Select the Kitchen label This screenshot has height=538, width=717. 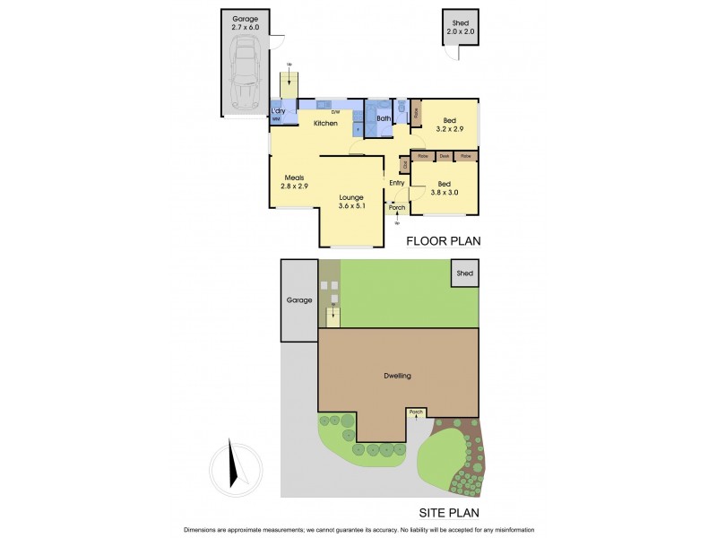coord(325,123)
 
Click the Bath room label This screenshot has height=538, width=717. coord(384,118)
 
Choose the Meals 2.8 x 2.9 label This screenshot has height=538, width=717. coord(295,182)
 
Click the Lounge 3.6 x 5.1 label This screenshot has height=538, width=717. coord(351,202)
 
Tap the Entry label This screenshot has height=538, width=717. coord(396,183)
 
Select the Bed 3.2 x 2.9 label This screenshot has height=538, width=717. coord(449,125)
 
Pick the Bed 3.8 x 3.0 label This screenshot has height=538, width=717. coord(445,187)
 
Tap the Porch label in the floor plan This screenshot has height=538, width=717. coord(397,208)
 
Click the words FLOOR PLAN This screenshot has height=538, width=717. coord(444,240)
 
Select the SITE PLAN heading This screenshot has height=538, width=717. coord(449,514)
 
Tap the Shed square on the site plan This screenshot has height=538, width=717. coord(464,273)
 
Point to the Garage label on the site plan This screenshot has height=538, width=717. coord(299,299)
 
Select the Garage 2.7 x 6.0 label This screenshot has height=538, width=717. coord(245,23)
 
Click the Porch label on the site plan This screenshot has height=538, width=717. coord(415,412)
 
